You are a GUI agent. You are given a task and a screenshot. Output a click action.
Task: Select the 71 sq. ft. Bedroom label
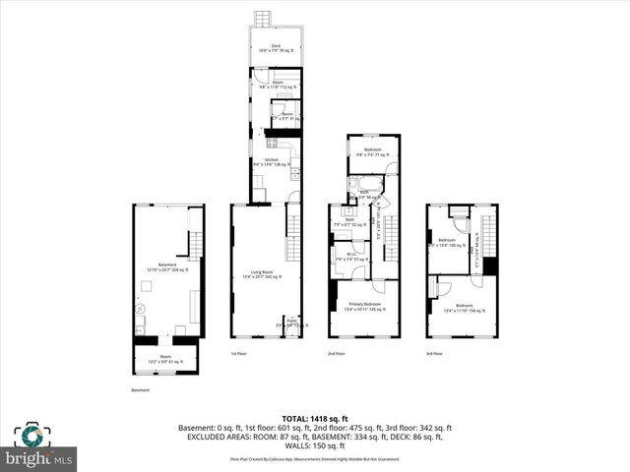[x=372, y=151]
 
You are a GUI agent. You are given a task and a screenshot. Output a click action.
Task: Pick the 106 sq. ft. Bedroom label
[x=448, y=243]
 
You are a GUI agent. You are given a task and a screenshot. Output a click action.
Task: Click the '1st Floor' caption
[x=238, y=354]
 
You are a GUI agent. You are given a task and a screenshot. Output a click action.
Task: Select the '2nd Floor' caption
[x=336, y=354]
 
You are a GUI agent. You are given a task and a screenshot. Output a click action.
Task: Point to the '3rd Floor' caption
[x=434, y=354]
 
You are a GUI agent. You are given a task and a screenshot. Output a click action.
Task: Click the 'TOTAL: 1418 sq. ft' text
[x=314, y=417]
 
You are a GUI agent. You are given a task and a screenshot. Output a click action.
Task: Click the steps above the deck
[x=263, y=20]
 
